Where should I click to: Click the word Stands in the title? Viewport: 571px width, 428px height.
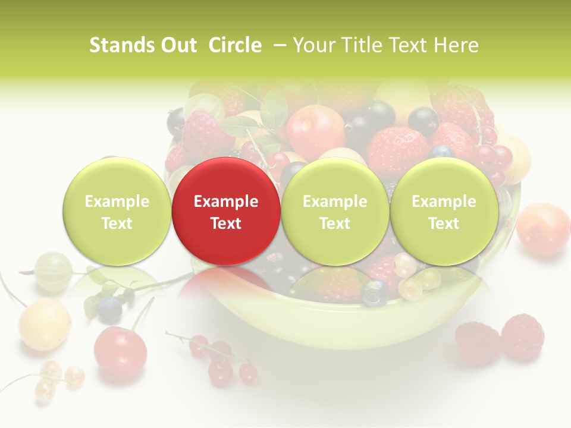(122, 45)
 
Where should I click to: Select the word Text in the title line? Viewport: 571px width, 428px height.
(410, 45)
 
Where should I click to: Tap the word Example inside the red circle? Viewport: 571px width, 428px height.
(226, 202)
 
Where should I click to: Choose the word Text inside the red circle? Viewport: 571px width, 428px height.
(226, 224)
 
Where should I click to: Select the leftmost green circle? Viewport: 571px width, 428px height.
(117, 212)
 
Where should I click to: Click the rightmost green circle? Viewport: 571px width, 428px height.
(444, 212)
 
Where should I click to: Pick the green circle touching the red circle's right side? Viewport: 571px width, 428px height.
(335, 212)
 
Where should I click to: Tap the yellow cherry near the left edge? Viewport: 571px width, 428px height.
(45, 324)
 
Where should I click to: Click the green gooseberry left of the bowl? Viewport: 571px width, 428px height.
(53, 271)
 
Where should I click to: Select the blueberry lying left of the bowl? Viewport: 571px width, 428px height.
(109, 309)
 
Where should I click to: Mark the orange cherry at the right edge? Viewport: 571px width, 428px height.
(542, 229)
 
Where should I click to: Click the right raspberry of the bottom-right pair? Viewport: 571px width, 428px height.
(523, 337)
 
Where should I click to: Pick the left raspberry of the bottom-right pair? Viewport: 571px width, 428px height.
(478, 343)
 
